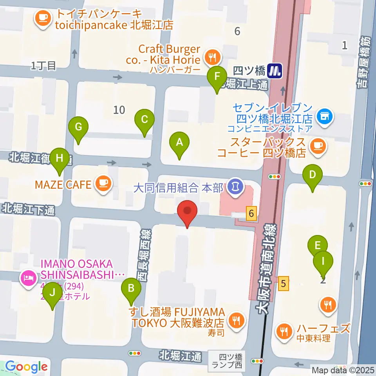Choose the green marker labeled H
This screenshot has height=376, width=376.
point(60,159)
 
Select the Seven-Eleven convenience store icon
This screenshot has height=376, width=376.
point(324,116)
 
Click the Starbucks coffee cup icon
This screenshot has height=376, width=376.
point(317,146)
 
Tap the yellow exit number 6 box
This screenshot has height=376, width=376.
point(251,214)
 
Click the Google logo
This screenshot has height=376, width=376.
point(26,367)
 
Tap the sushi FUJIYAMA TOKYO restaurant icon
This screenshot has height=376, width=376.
point(236,320)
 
